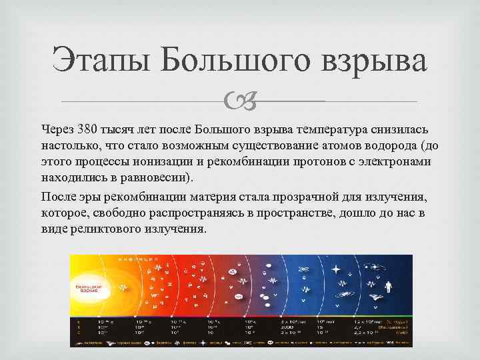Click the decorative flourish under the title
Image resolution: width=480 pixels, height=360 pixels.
[239, 101]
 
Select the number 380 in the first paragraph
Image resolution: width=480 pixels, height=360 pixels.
[85, 128]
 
